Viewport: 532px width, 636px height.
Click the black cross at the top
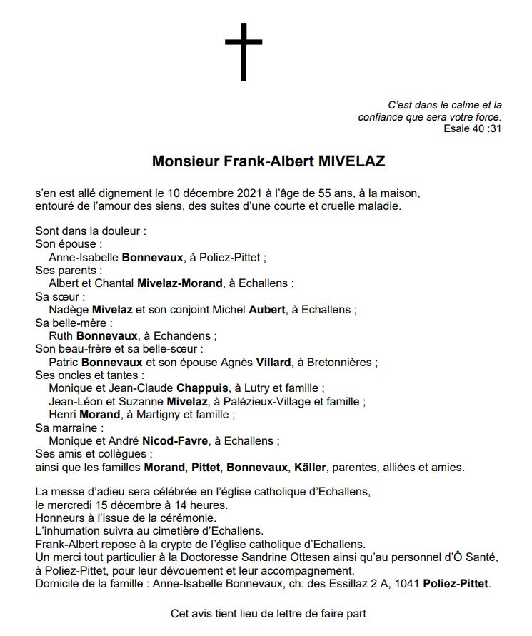pos(244,51)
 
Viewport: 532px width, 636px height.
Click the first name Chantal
pos(115,283)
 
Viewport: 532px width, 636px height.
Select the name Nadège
pos(69,309)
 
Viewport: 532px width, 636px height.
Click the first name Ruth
pos(61,335)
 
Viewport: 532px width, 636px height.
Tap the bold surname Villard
pos(269,362)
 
